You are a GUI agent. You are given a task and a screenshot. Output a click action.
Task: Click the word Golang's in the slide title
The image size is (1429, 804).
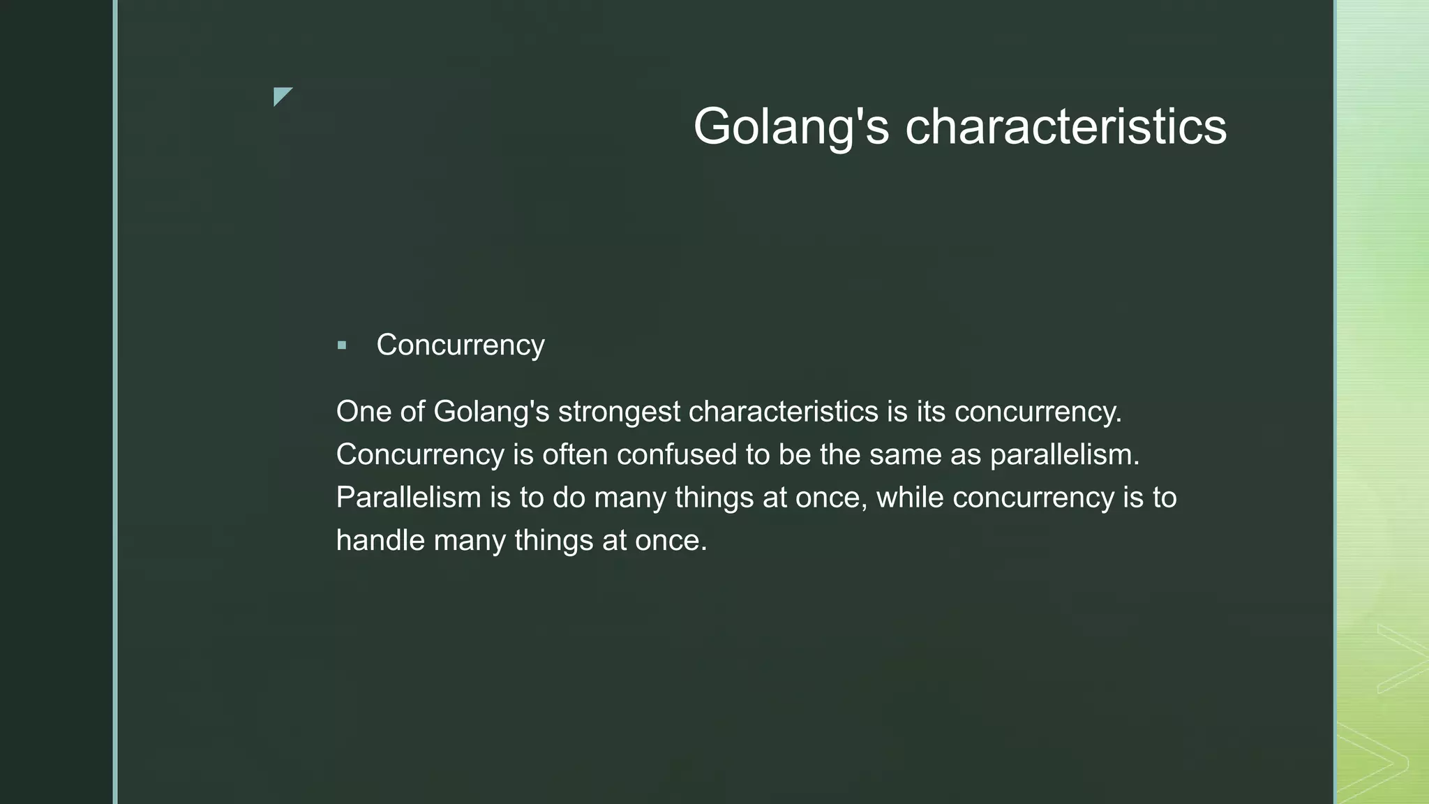(791, 127)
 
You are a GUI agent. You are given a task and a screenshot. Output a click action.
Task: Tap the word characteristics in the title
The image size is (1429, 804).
(1065, 127)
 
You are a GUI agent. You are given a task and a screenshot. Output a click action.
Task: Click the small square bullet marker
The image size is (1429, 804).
(341, 345)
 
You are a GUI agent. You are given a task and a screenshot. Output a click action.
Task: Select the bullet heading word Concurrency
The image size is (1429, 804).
(460, 345)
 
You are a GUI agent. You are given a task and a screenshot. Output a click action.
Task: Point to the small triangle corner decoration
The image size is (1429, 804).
(281, 96)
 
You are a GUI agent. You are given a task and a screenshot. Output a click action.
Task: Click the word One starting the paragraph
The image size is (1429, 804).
(364, 412)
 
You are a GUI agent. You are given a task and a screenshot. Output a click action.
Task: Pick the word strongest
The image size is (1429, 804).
(619, 412)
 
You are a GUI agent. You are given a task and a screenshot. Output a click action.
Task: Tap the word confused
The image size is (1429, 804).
(677, 455)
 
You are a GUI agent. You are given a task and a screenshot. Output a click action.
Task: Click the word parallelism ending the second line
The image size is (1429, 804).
(1064, 455)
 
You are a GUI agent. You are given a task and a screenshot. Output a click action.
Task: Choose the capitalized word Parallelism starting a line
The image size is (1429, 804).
(408, 498)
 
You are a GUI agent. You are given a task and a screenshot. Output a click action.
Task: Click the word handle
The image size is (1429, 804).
(380, 541)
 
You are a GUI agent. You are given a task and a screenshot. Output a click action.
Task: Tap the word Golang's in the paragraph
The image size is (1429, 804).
(491, 412)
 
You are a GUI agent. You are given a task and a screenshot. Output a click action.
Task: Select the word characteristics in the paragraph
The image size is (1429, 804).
(783, 412)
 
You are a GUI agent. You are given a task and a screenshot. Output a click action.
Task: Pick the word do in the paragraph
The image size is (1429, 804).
(569, 498)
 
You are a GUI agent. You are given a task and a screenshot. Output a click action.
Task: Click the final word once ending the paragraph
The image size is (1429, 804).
(671, 541)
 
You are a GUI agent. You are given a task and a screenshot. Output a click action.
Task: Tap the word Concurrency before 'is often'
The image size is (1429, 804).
(420, 455)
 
